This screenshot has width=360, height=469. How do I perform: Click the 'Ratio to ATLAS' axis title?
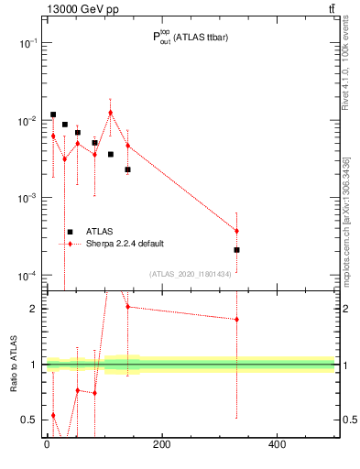click(12, 364)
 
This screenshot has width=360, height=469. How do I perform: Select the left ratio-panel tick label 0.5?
click(30, 420)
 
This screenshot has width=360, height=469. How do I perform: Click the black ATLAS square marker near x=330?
click(236, 249)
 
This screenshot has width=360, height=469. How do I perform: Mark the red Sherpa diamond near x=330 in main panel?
click(236, 231)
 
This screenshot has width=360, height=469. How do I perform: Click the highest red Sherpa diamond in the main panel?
click(110, 113)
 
